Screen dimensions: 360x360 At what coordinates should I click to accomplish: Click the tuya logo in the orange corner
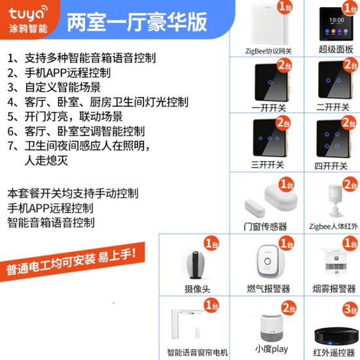[x=28, y=20]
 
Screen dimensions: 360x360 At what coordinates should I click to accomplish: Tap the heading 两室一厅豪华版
[x=137, y=22]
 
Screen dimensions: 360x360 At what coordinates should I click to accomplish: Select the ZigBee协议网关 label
[x=268, y=51]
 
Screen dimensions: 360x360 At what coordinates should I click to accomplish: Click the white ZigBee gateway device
[x=270, y=24]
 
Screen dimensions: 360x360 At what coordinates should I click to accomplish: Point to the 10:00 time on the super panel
[x=337, y=20]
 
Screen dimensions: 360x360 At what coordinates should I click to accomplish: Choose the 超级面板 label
[x=336, y=49]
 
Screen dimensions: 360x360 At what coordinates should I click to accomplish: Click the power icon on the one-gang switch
[x=270, y=82]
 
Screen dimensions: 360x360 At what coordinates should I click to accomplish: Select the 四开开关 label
[x=331, y=166]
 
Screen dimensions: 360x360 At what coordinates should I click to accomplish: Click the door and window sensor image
[x=271, y=200]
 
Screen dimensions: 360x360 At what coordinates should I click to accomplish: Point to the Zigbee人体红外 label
[x=333, y=226]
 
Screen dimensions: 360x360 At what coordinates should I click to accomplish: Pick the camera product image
[x=196, y=265]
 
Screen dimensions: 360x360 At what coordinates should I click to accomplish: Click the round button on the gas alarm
[x=268, y=261]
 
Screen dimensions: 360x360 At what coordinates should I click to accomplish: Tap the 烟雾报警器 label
[x=334, y=289]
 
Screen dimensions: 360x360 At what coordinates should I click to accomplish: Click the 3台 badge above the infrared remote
[x=350, y=309]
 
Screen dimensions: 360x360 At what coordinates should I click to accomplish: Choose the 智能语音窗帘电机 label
[x=198, y=352]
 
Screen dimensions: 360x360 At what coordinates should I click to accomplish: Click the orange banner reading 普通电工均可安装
[x=72, y=262]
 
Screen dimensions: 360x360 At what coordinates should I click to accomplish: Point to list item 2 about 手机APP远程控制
[x=59, y=73]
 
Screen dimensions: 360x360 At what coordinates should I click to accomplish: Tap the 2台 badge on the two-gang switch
[x=350, y=65]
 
